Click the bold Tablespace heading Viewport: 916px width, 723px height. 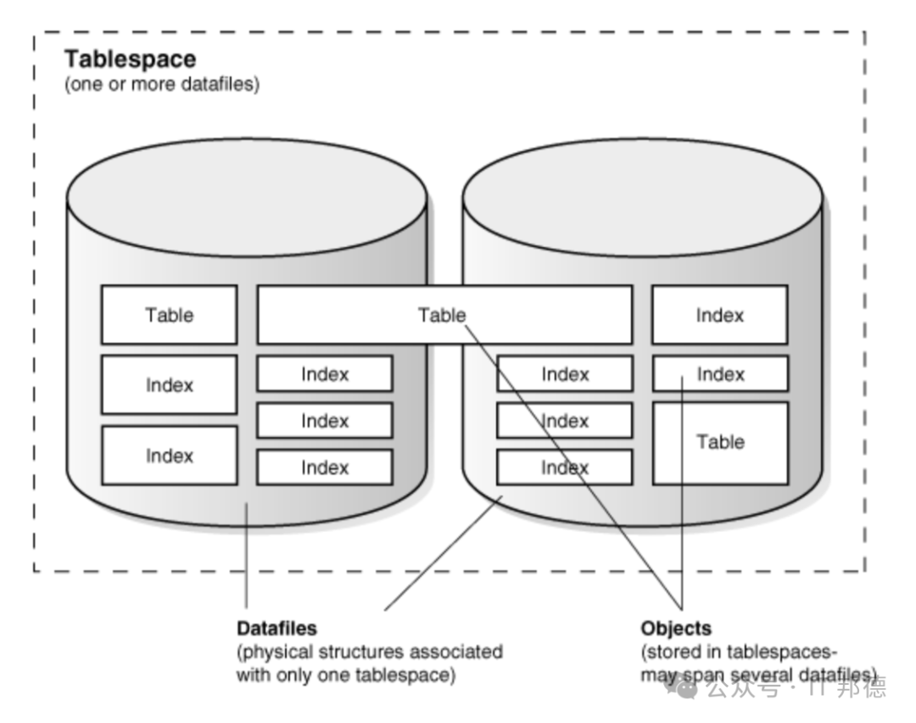coord(131,59)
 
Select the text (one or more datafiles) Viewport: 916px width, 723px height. coord(162,84)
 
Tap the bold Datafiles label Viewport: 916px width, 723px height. coord(276,628)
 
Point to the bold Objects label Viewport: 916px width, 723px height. coord(676,628)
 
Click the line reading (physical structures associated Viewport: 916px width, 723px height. coord(370,652)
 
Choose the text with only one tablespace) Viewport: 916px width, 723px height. coord(346,675)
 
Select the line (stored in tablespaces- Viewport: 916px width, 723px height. coord(739,652)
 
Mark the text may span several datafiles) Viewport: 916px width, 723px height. coord(759,675)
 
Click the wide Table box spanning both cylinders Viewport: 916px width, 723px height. coord(444,315)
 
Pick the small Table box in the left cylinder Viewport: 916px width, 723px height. coord(170,315)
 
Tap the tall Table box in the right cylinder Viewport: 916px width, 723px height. coord(720,443)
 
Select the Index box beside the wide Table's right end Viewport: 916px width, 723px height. coord(720,315)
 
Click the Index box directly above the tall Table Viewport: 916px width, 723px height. coord(720,373)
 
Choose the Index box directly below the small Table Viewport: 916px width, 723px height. coord(170,384)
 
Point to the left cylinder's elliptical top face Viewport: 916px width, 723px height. coord(247,198)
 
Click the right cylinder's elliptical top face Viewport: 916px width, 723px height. coord(643,198)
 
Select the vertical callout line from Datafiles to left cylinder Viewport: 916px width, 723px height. coord(247,555)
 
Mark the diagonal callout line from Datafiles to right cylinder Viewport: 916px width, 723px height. coord(444,553)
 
